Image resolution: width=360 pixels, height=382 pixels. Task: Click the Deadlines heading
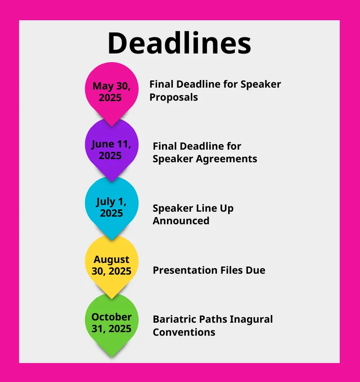179,43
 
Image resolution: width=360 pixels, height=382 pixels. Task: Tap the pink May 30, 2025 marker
112,92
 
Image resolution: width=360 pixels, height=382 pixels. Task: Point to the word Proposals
174,98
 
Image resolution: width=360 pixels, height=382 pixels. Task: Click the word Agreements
227,159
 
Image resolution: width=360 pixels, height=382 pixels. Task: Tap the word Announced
181,221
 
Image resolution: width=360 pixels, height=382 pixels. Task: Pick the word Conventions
184,332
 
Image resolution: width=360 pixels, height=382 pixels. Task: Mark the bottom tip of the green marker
112,357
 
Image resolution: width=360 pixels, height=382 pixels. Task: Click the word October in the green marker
112,317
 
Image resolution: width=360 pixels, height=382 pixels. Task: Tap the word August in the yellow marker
112,260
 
